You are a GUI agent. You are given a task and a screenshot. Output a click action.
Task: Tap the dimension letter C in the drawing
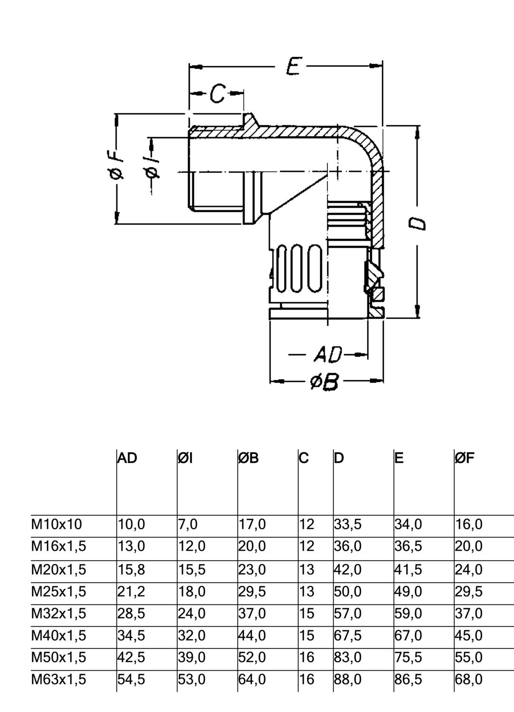coord(217,94)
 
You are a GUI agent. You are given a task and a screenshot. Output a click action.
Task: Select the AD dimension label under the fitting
coord(328,354)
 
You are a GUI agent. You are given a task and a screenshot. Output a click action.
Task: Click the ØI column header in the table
coord(186,458)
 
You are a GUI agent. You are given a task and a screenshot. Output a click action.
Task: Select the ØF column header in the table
coord(465,458)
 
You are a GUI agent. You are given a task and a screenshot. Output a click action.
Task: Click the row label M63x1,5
coord(59,679)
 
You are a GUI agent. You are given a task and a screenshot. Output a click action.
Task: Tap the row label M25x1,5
coord(59,591)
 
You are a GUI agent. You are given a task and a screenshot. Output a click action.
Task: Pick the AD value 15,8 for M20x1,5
coord(131,569)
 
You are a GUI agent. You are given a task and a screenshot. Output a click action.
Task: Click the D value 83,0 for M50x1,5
coord(347,657)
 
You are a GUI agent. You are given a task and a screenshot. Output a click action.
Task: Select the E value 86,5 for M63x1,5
coord(408,679)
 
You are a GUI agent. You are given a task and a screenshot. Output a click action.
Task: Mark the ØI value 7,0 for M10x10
coord(188,524)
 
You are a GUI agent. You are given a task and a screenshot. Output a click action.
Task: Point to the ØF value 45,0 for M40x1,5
coord(468,635)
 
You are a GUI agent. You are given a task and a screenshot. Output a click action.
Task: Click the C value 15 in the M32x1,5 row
coord(307,613)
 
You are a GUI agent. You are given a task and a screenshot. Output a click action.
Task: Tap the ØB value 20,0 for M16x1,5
coord(252,546)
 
